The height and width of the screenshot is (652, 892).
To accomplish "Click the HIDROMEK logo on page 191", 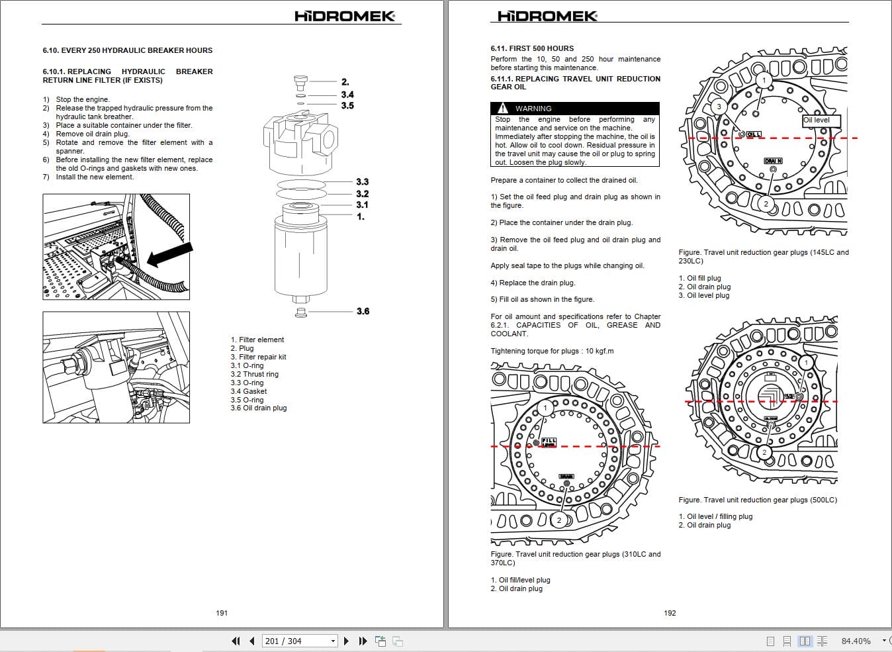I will (345, 16).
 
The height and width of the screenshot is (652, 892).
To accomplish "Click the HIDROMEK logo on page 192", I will (547, 16).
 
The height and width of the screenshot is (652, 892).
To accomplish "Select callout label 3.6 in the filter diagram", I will (363, 311).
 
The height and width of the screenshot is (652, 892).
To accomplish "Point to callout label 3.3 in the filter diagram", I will (362, 182).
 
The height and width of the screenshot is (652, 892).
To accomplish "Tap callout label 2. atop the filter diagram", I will (345, 82).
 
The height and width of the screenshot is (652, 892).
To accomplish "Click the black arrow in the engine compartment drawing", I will (169, 255).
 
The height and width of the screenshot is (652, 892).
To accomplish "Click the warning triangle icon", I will (503, 108).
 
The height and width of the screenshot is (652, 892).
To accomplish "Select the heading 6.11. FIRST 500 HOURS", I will (532, 48).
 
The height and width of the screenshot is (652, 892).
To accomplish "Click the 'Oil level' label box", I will (821, 120).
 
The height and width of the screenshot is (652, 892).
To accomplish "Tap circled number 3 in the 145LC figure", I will (719, 107).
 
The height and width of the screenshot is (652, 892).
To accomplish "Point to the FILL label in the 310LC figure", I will (549, 441).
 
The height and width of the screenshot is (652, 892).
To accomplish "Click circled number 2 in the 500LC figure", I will (764, 452).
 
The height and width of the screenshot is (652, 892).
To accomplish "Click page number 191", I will (222, 613).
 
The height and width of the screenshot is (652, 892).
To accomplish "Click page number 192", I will (670, 613).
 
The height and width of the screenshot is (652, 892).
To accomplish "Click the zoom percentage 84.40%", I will (856, 641).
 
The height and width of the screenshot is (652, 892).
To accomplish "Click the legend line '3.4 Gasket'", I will (249, 391).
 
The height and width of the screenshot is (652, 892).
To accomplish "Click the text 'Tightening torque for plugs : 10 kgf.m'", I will (552, 351).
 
